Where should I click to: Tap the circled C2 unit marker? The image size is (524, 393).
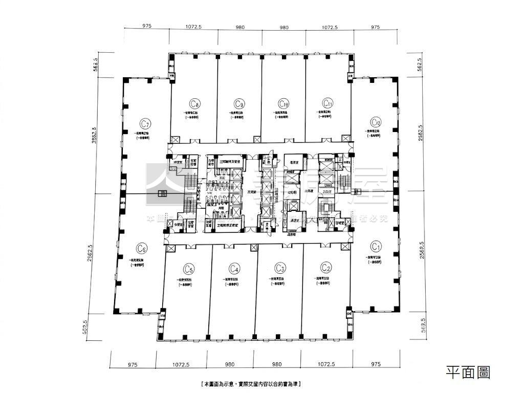[x=326, y=267]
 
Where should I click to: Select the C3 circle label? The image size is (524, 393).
[x=280, y=267]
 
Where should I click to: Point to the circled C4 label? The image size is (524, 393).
[x=235, y=268]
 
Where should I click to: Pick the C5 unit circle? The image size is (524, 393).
[x=189, y=268]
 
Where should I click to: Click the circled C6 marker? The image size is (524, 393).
[x=142, y=249]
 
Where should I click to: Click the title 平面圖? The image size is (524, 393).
[x=468, y=372]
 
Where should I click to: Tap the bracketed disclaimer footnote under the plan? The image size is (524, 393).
[x=250, y=383]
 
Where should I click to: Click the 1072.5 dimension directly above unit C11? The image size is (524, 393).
[x=329, y=27]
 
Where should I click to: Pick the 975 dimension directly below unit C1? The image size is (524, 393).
[x=376, y=365]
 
